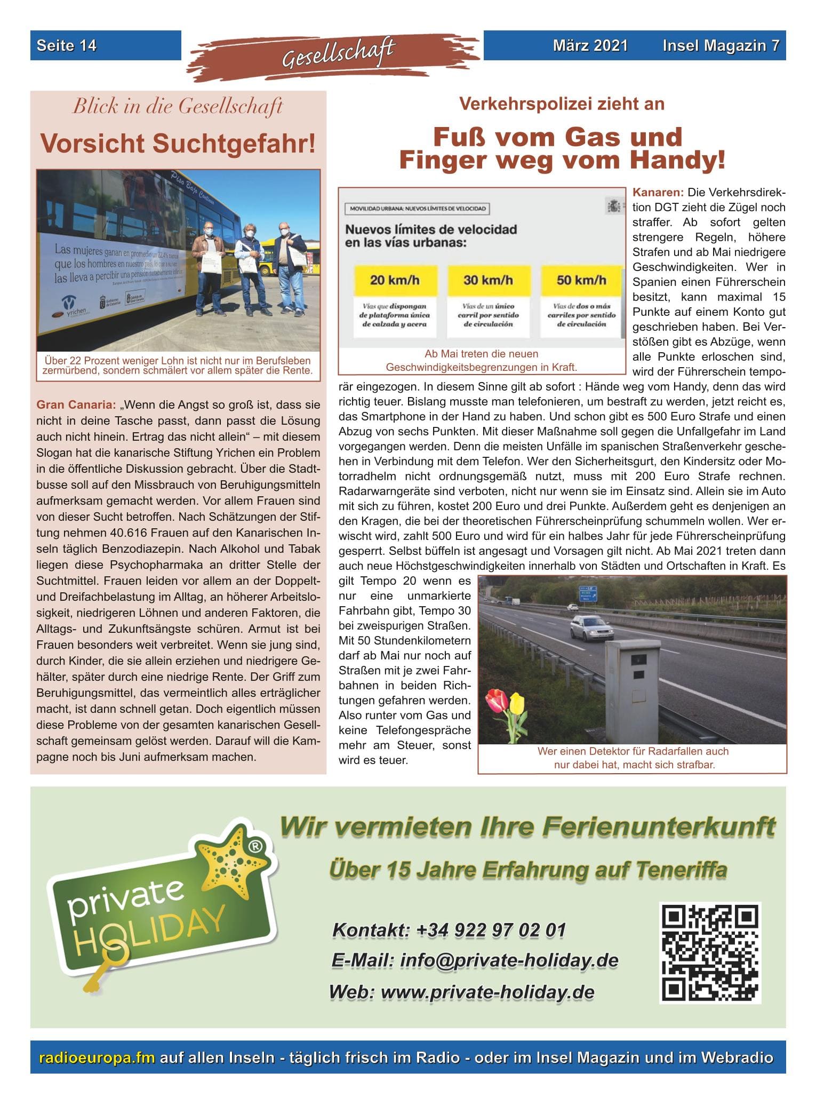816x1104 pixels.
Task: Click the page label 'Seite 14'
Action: click(67, 45)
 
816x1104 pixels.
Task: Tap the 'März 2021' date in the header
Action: click(590, 45)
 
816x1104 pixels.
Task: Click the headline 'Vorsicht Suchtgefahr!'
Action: click(178, 143)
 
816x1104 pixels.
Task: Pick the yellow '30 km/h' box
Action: click(488, 281)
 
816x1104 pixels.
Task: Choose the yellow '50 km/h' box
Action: click(581, 281)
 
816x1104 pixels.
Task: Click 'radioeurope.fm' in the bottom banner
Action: click(97, 1058)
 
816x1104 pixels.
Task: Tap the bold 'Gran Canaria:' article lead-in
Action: click(76, 405)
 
